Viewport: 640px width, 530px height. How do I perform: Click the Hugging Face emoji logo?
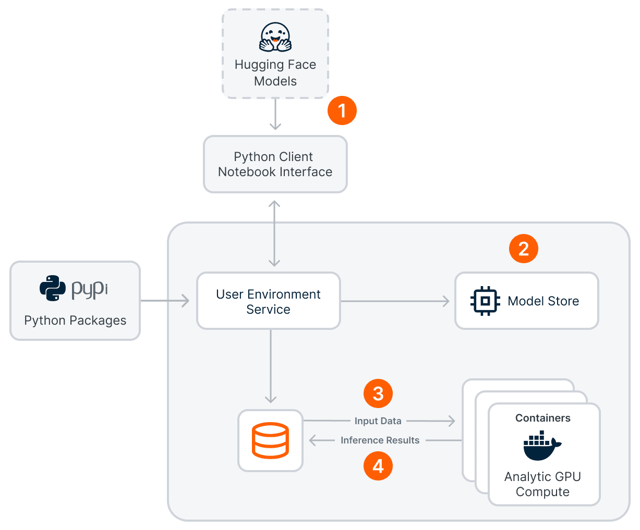click(275, 37)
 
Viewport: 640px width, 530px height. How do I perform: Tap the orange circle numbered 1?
click(342, 110)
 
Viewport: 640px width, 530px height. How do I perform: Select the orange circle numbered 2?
click(523, 249)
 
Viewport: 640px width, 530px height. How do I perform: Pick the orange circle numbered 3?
click(378, 393)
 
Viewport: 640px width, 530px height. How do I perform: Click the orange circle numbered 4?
click(378, 465)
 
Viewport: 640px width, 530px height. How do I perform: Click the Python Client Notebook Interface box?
click(275, 164)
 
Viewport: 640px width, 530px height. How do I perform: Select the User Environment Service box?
click(268, 301)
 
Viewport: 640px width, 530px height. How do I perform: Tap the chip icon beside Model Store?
click(485, 301)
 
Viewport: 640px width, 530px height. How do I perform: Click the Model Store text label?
click(543, 301)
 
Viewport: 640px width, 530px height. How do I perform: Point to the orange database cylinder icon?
click(270, 440)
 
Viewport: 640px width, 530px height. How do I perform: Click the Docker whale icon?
click(541, 446)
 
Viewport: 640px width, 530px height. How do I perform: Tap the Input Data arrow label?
click(378, 421)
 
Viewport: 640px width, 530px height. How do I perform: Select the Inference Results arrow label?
click(380, 440)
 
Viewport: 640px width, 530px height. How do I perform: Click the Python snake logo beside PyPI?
click(53, 288)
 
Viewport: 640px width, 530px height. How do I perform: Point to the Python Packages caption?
click(75, 321)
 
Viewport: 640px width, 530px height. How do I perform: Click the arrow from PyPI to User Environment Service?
click(165, 301)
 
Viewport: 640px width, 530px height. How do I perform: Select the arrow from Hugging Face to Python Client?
click(275, 115)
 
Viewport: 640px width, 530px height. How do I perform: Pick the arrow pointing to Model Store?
click(395, 301)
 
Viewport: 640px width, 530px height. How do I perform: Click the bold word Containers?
click(542, 418)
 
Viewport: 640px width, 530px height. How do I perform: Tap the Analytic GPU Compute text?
click(542, 484)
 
